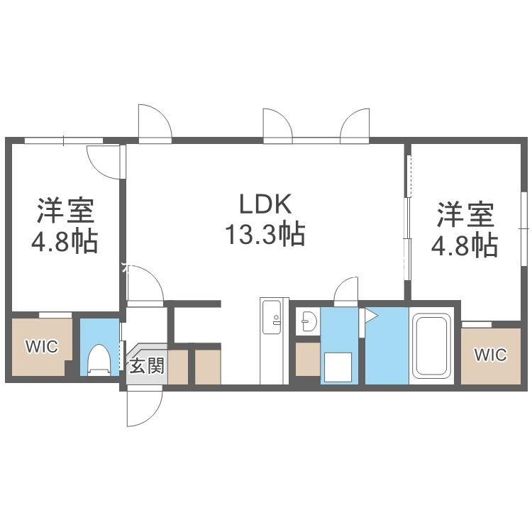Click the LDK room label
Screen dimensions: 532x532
265,205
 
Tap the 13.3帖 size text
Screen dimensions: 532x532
265,233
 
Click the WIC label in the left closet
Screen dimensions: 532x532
41,347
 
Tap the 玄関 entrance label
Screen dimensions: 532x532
148,366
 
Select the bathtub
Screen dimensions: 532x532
434,345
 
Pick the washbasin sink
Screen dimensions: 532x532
308,322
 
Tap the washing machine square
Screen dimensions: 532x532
338,367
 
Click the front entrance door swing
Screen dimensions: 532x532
145,407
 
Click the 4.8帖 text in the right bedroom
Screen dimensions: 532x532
465,245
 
